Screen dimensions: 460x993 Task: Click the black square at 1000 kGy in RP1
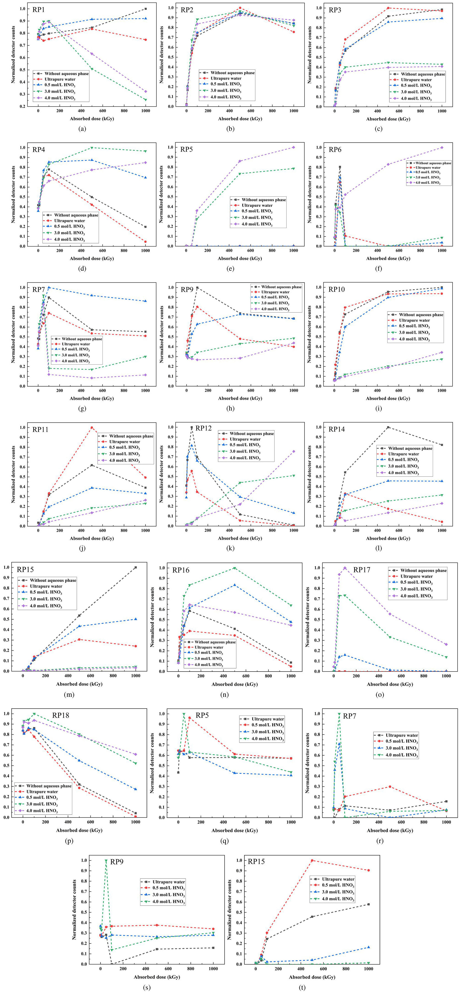(x=145, y=8)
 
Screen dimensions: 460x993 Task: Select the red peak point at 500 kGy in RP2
(x=240, y=8)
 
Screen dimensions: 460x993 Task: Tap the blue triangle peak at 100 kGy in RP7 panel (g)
(x=49, y=287)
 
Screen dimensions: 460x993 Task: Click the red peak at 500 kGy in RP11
(x=92, y=427)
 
